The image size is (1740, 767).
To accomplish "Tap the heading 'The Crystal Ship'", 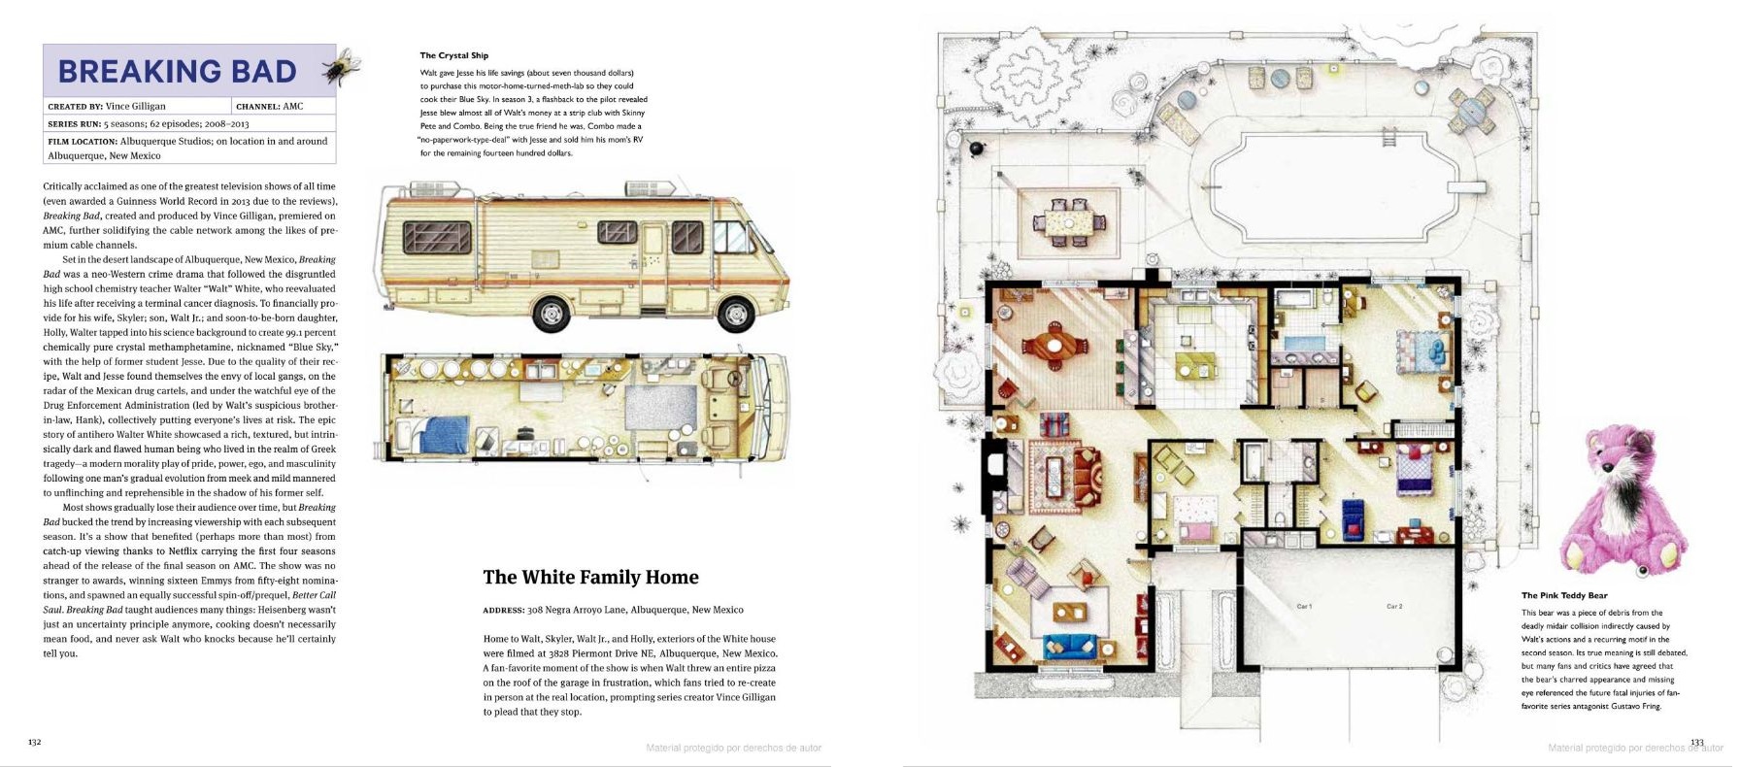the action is tap(454, 55).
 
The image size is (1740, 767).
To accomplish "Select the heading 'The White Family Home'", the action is tap(590, 577).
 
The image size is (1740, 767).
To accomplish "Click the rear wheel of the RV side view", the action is tap(551, 312).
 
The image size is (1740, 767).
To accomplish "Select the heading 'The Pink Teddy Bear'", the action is tap(1564, 595).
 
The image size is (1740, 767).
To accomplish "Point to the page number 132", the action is tap(34, 742).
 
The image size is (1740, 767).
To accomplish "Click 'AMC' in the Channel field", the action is tap(293, 106).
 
